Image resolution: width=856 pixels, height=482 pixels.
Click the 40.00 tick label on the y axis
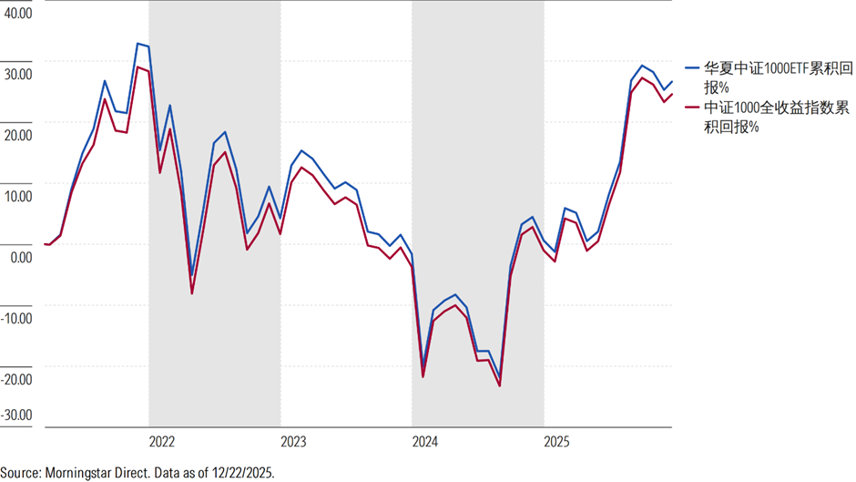(x=18, y=13)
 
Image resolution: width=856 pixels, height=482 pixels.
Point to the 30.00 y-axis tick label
(x=18, y=75)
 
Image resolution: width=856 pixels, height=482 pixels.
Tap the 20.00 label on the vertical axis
(x=18, y=135)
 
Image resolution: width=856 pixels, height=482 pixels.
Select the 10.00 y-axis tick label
(x=18, y=196)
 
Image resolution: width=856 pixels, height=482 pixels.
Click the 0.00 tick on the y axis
(x=21, y=257)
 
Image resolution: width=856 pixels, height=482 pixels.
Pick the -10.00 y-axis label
(x=16, y=318)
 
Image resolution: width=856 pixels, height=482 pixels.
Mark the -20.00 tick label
(x=16, y=379)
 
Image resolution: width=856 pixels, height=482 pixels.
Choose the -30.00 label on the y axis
(x=16, y=415)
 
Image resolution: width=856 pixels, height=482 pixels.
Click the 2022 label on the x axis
(x=161, y=442)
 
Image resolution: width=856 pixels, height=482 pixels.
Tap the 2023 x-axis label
(x=293, y=442)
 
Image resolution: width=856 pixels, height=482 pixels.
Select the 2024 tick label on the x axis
(x=424, y=442)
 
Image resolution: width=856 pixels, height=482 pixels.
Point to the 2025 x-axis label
(x=556, y=442)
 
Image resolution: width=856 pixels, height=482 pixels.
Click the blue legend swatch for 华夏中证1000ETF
(x=692, y=67)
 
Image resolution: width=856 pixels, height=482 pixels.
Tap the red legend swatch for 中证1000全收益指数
(x=692, y=108)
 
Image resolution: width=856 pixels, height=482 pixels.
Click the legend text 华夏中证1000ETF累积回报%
(x=778, y=77)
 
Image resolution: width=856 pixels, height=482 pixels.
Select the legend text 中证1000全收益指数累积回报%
(x=776, y=117)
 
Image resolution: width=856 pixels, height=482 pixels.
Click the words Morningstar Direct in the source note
(x=97, y=473)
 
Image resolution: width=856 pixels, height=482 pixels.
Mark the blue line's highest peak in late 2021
(x=138, y=43)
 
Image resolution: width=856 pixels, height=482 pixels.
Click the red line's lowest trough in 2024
(x=500, y=386)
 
